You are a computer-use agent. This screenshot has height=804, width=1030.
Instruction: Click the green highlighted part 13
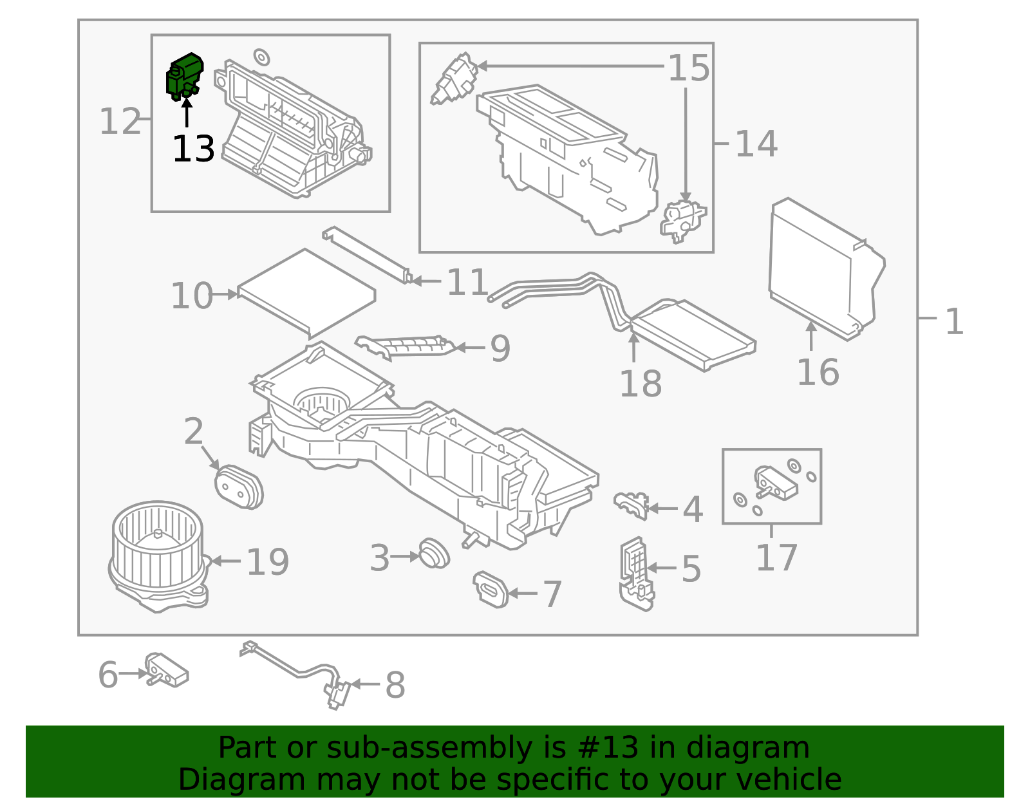tap(184, 76)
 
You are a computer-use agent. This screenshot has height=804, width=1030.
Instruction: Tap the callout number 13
tap(193, 149)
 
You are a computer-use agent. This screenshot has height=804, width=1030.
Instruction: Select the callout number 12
tap(120, 122)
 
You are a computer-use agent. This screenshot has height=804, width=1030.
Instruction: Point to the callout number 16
tap(818, 373)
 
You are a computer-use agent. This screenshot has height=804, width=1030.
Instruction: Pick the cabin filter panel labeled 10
tap(306, 294)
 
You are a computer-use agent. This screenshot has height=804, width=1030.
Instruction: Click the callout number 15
tap(688, 68)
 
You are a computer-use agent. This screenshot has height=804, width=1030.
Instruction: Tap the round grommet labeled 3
tap(433, 553)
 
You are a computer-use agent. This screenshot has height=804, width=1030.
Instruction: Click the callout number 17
tap(776, 557)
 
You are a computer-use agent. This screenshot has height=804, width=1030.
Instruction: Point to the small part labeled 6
tap(166, 669)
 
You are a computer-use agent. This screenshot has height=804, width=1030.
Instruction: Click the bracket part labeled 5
tap(635, 573)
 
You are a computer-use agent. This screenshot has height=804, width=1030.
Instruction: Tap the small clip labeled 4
tap(630, 505)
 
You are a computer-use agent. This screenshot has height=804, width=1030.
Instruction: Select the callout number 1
tap(953, 321)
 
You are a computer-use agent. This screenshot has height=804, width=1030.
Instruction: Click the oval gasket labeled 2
tap(238, 487)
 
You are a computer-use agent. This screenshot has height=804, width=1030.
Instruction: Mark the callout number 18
tap(640, 384)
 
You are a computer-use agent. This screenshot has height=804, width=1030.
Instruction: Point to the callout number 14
tap(756, 144)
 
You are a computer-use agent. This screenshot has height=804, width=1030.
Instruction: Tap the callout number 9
tap(500, 348)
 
